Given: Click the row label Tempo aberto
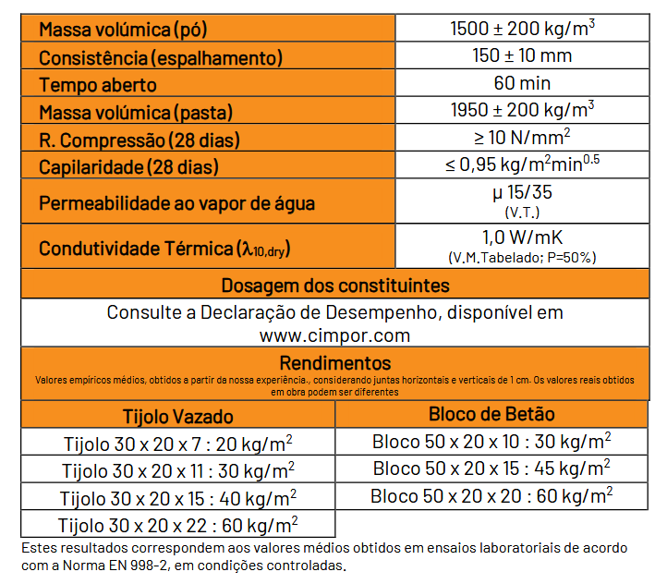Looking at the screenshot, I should click(x=98, y=85).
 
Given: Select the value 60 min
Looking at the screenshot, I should click(x=522, y=83).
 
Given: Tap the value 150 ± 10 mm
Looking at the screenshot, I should click(x=522, y=55).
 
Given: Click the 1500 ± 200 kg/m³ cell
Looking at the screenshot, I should click(x=522, y=28).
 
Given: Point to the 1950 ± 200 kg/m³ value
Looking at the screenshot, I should click(x=522, y=111).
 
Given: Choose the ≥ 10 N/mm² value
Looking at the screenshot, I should click(x=522, y=139).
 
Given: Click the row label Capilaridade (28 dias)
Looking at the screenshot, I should click(x=130, y=167).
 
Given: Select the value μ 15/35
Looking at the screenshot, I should click(x=522, y=193).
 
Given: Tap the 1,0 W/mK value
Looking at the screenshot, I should click(x=522, y=237).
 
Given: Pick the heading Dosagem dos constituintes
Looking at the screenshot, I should click(x=335, y=285).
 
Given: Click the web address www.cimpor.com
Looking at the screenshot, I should click(x=335, y=334).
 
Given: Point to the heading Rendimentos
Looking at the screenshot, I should click(x=335, y=363).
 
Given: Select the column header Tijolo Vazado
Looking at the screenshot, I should click(x=178, y=416).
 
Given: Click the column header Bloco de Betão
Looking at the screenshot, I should click(x=491, y=414).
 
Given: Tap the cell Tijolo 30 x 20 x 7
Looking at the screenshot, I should click(x=178, y=443).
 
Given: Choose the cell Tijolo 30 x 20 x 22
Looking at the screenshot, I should click(x=177, y=526).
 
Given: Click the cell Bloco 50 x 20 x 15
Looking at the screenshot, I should click(x=491, y=468).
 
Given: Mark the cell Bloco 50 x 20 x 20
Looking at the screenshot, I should click(x=491, y=496).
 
